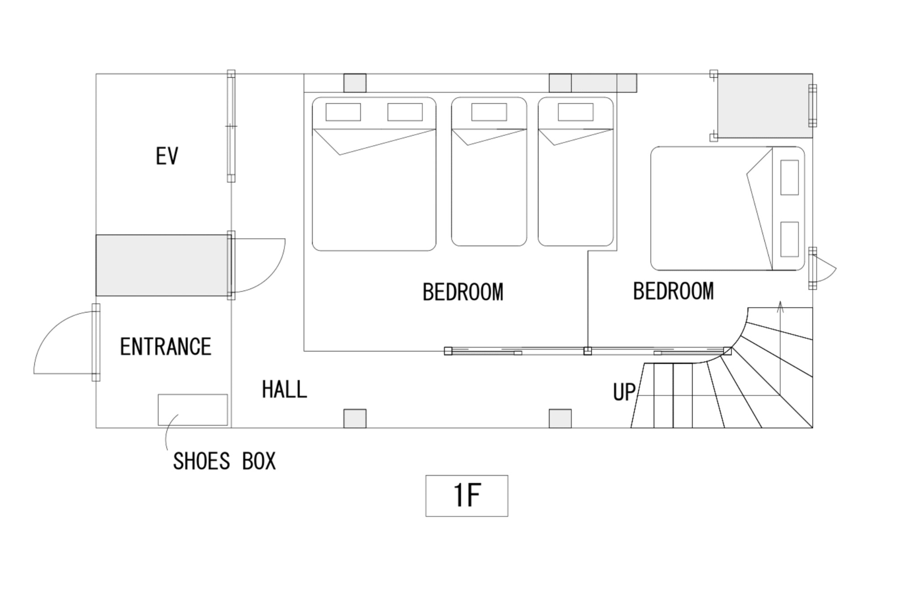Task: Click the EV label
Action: click(x=167, y=156)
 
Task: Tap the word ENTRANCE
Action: click(x=165, y=347)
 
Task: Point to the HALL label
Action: click(x=284, y=389)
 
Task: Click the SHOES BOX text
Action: click(x=225, y=461)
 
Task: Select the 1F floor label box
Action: click(x=466, y=496)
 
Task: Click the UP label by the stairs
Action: click(x=624, y=392)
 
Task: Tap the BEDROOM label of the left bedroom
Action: click(x=463, y=292)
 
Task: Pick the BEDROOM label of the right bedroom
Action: click(x=673, y=291)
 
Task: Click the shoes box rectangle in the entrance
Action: click(x=193, y=410)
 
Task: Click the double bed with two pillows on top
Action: click(x=374, y=174)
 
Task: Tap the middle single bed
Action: click(x=489, y=172)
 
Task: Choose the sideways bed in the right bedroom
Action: click(x=727, y=208)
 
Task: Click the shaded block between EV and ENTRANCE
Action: click(x=162, y=265)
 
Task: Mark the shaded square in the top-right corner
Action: click(x=765, y=106)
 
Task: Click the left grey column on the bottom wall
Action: click(x=355, y=419)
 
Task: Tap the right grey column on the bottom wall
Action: click(x=560, y=419)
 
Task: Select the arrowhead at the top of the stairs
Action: click(x=780, y=307)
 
